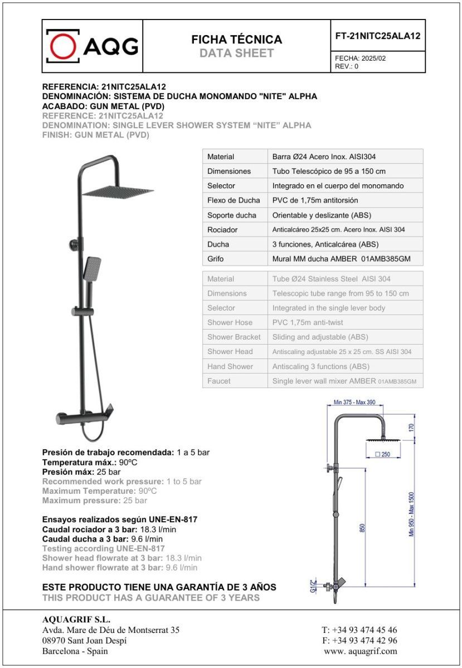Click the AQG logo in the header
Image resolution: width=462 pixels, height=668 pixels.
92,46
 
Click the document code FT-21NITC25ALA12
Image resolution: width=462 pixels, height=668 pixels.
377,36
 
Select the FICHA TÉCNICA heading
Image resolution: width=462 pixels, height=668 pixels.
236,40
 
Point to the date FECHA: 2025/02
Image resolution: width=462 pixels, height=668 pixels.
360,58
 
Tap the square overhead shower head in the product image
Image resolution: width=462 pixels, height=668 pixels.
118,191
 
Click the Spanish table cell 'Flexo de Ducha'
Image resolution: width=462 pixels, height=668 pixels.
234,200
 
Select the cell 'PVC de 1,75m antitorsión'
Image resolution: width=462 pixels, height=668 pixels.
315,200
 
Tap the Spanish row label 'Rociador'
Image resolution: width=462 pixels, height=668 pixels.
222,229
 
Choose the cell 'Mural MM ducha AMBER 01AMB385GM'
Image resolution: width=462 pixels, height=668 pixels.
341,258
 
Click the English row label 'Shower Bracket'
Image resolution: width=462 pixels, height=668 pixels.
234,337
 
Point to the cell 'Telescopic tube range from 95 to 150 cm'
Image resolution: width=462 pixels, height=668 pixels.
340,293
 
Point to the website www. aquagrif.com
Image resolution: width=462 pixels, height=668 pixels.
360,651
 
